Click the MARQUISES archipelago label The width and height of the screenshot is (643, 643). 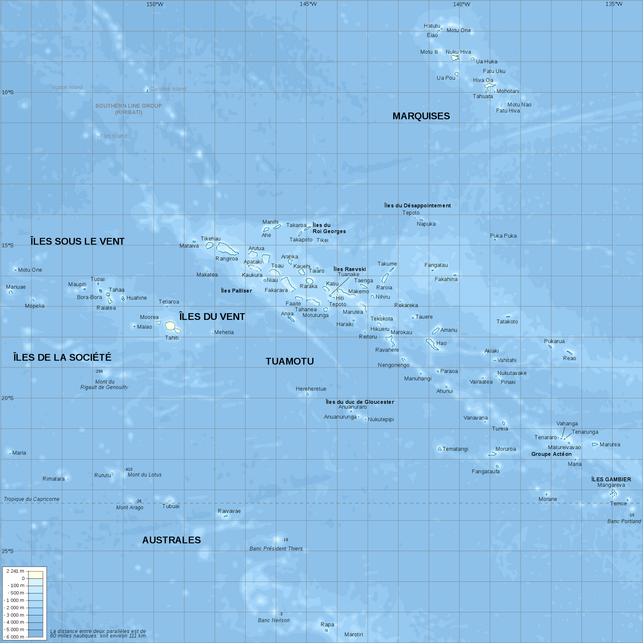(x=421, y=116)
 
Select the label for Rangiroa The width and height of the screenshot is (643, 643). (x=227, y=259)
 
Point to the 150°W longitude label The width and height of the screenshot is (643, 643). (x=155, y=4)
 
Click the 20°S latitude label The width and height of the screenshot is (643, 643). (x=7, y=398)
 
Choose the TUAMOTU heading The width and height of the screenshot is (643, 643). (x=290, y=361)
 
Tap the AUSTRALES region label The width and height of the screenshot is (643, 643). (x=172, y=540)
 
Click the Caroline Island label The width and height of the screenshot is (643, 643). (x=168, y=89)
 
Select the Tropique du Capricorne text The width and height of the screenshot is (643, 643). (x=32, y=499)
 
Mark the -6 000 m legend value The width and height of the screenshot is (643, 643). (x=15, y=637)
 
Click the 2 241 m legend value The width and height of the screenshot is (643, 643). (x=15, y=571)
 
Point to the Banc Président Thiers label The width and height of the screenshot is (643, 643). (x=276, y=549)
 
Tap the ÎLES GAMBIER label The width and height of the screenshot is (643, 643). (x=611, y=479)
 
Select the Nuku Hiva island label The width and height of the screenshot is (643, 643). (x=458, y=52)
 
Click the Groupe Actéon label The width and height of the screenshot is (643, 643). (x=551, y=454)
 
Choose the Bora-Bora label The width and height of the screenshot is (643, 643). (x=90, y=297)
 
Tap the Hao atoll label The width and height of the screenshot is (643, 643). (x=441, y=343)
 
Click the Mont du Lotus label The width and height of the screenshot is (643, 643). (x=145, y=475)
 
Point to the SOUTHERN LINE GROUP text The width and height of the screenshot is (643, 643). (x=129, y=106)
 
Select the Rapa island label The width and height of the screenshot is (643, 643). (x=327, y=625)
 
